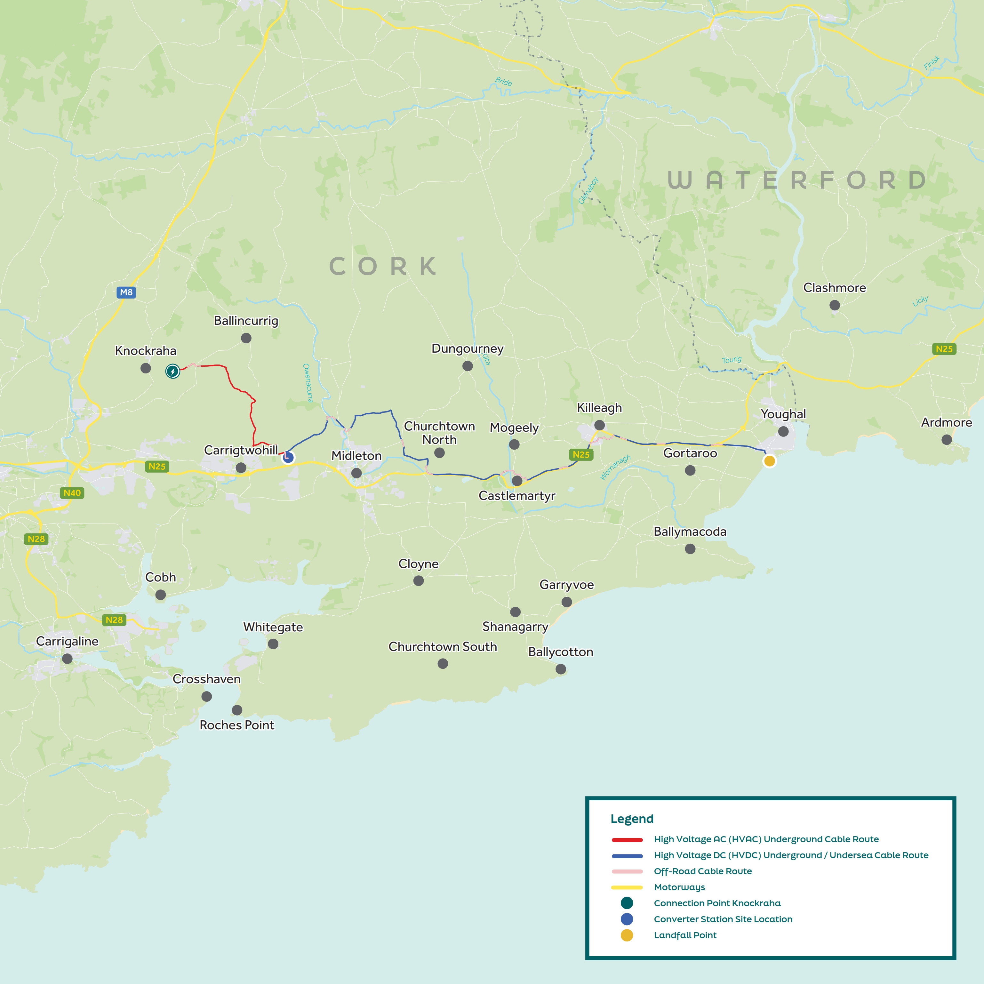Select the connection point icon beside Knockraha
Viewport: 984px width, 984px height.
[173, 371]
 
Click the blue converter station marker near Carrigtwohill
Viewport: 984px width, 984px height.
[288, 457]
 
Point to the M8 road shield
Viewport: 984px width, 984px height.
[126, 292]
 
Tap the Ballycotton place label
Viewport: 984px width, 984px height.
[560, 652]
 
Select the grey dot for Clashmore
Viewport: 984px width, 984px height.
[834, 305]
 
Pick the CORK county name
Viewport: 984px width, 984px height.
[383, 266]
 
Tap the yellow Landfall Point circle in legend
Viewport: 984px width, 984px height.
[627, 935]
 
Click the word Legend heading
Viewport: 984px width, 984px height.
[632, 819]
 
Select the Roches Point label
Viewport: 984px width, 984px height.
[237, 725]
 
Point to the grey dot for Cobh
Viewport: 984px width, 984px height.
[160, 594]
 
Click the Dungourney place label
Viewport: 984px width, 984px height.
[467, 348]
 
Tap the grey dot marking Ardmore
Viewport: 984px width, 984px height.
[946, 440]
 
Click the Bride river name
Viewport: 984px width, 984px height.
[503, 82]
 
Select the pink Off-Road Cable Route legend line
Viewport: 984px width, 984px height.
[627, 871]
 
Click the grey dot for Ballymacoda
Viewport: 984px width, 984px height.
[690, 548]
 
